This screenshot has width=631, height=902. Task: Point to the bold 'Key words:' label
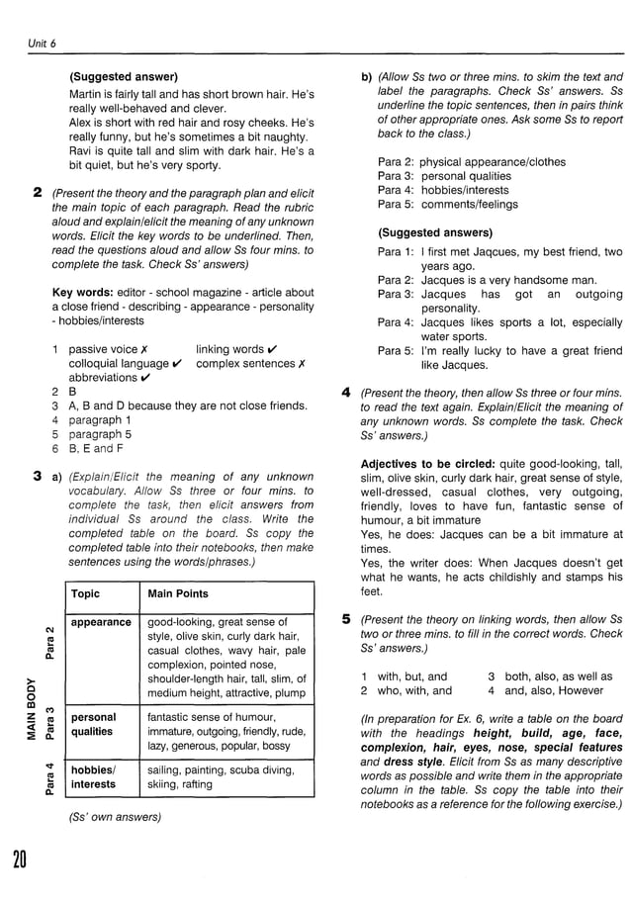[x=81, y=293]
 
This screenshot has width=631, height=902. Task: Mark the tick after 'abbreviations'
[x=145, y=378]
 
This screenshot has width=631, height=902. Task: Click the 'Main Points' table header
[x=177, y=594]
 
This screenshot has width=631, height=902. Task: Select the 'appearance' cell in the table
[x=101, y=622]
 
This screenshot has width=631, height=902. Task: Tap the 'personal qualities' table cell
[x=94, y=725]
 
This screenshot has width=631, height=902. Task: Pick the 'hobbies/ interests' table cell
[x=93, y=777]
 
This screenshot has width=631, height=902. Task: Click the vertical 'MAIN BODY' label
[x=33, y=708]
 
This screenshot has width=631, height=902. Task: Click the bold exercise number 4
[x=346, y=393]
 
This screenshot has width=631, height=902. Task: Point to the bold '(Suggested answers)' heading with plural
[x=435, y=233]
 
